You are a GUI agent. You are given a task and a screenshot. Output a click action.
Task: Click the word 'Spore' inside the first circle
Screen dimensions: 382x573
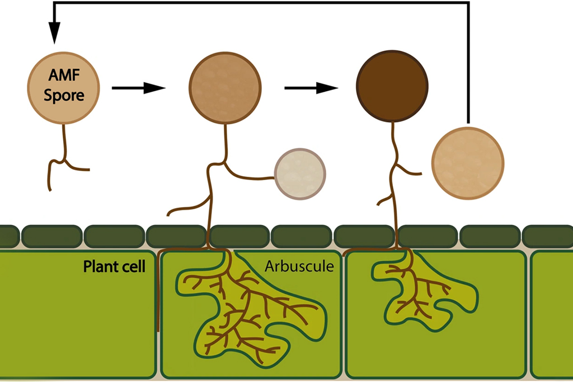(x=64, y=96)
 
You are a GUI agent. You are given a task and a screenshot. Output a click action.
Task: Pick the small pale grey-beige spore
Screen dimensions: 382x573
(x=300, y=174)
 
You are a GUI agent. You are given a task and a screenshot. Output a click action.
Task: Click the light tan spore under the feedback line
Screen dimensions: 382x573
(x=468, y=162)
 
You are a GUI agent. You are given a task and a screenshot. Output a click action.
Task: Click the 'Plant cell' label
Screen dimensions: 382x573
(x=114, y=266)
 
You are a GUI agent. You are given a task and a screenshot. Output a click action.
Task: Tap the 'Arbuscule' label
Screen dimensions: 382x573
(x=299, y=267)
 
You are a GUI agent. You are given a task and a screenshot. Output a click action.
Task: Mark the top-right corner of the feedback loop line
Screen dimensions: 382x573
(x=467, y=4)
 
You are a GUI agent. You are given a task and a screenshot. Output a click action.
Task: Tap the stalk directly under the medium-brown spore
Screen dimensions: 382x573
(x=225, y=140)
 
